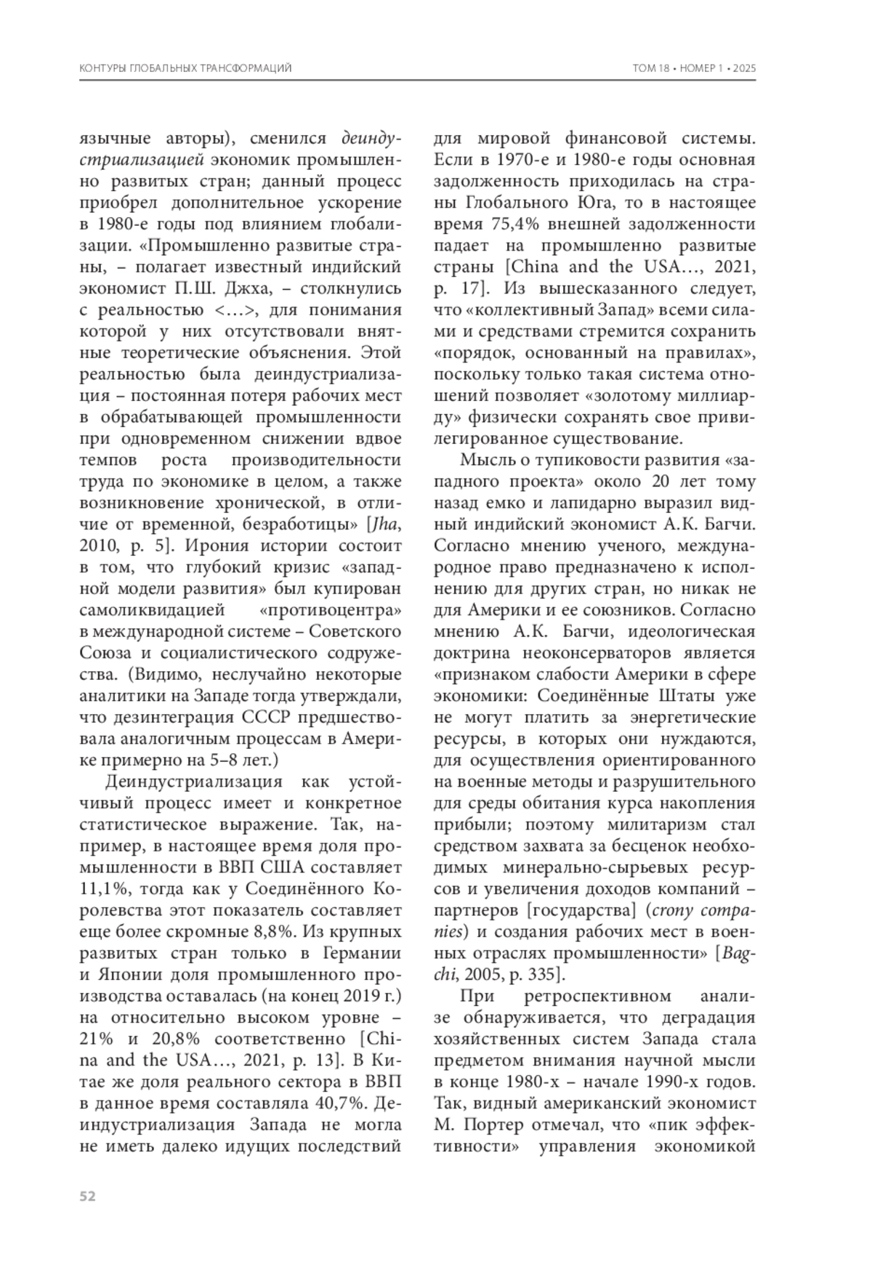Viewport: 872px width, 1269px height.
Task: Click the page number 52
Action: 87,1196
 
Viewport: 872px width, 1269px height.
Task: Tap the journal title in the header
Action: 185,68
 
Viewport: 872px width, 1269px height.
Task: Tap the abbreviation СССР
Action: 262,718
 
